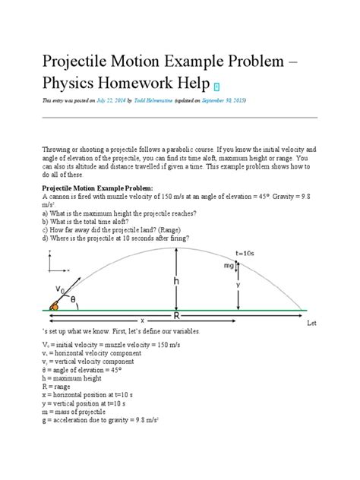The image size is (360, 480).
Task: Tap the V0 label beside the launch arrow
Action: point(59,289)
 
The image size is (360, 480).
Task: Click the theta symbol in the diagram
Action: point(74,300)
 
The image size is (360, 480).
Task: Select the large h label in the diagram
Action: point(177,280)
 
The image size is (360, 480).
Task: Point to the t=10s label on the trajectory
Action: point(245,254)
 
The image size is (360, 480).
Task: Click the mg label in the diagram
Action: point(227,266)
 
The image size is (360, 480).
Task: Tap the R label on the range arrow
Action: point(177,315)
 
